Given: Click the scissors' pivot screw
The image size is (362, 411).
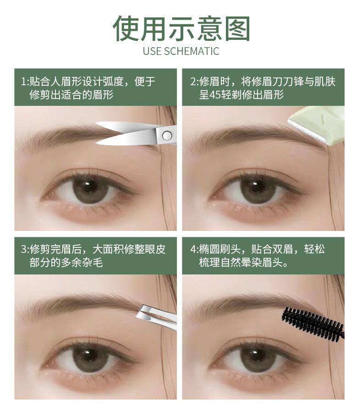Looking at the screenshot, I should coord(167,135).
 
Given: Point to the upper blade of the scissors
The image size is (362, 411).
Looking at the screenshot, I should coord(124,126).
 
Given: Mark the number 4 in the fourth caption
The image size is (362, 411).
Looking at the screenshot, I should coord(193,250).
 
